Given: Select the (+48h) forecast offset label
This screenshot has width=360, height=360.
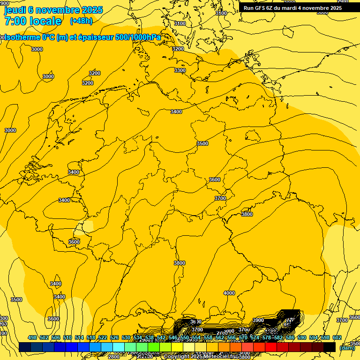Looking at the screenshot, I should [81, 21].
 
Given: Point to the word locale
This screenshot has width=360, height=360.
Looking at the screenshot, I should [45, 21].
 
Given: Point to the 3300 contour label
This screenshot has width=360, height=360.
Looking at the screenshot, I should [180, 70].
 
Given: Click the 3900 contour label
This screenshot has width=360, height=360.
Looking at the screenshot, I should [258, 321].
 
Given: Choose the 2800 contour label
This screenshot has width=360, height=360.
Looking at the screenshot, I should [114, 357].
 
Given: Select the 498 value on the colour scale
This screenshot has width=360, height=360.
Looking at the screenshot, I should [32, 338].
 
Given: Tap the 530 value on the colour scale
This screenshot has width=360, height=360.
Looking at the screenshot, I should [126, 338].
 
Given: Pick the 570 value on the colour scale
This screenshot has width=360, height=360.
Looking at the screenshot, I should [243, 338].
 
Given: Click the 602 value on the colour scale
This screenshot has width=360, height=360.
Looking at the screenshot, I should [337, 338].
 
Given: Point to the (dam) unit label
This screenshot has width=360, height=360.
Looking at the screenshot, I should [347, 348].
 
